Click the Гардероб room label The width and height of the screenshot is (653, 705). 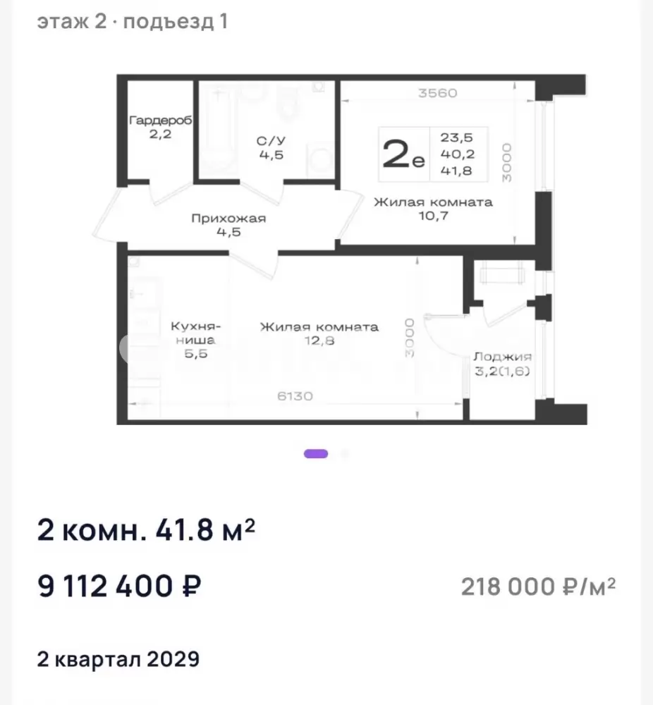[x=161, y=120]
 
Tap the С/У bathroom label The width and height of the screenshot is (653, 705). [x=271, y=141]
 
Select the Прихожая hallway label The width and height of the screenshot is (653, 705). [x=228, y=218]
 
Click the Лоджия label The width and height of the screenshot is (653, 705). [x=502, y=357]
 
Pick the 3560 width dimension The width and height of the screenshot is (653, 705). [x=438, y=93]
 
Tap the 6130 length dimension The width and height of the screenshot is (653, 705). [x=295, y=396]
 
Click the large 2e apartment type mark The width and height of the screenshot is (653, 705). [x=403, y=154]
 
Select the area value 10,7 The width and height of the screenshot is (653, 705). [x=434, y=216]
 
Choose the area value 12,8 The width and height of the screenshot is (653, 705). [x=319, y=341]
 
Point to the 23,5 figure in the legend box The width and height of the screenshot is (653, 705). [x=456, y=137]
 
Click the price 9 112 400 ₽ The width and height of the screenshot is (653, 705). [x=119, y=586]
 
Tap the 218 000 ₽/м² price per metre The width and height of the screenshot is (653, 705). [x=538, y=587]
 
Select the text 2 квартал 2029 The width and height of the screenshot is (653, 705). [x=118, y=659]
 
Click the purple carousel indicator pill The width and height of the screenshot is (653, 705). [x=316, y=453]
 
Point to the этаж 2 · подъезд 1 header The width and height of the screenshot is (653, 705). [x=132, y=22]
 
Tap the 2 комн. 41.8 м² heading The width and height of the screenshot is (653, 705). [x=146, y=530]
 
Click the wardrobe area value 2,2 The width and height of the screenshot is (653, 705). [x=161, y=134]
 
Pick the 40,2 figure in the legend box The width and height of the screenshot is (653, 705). [x=458, y=154]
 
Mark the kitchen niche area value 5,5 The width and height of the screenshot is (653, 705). [x=196, y=353]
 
